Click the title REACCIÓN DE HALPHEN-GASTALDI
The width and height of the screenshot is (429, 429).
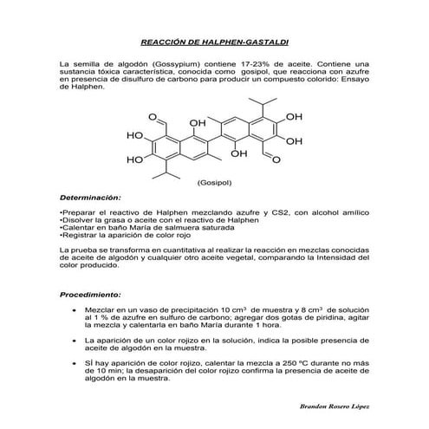(x=214, y=41)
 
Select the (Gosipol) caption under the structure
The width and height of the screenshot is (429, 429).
(x=213, y=184)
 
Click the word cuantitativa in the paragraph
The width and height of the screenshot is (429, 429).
(x=192, y=250)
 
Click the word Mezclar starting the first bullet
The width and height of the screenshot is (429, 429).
(x=102, y=309)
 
